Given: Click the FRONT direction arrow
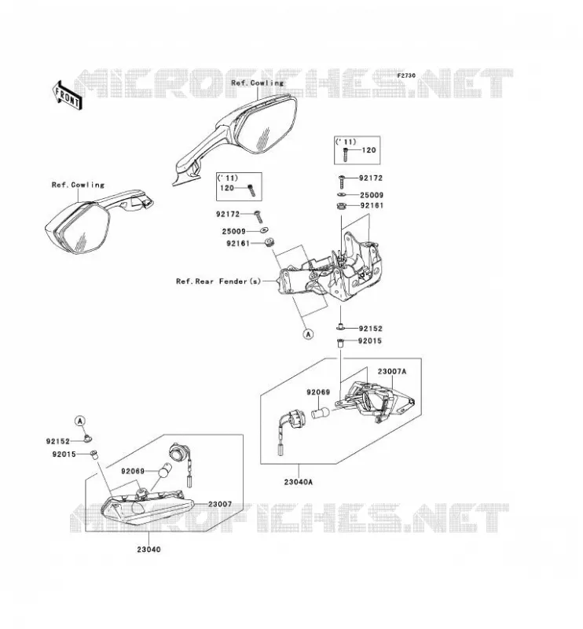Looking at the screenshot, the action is pyautogui.click(x=67, y=95).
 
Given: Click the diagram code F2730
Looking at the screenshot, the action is pyautogui.click(x=406, y=75).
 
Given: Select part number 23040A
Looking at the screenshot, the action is pyautogui.click(x=298, y=482).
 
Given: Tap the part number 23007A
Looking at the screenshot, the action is pyautogui.click(x=391, y=371).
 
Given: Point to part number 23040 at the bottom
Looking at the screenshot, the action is pyautogui.click(x=148, y=549).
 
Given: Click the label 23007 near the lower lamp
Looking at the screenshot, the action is pyautogui.click(x=220, y=504).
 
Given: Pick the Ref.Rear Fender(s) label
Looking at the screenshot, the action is pyautogui.click(x=218, y=281).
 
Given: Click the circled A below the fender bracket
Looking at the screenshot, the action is pyautogui.click(x=308, y=333).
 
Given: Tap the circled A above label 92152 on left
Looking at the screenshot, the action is pyautogui.click(x=80, y=421).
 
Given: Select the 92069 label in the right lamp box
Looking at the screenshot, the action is pyautogui.click(x=318, y=392).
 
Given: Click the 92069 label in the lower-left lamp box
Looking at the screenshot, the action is pyautogui.click(x=133, y=471).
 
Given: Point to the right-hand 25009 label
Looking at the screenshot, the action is pyautogui.click(x=372, y=195).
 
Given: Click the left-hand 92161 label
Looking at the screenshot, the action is pyautogui.click(x=238, y=243).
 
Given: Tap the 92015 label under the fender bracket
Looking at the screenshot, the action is pyautogui.click(x=370, y=341).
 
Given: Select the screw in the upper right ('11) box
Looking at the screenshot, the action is pyautogui.click(x=346, y=155).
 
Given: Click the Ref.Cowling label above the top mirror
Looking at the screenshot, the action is pyautogui.click(x=257, y=83).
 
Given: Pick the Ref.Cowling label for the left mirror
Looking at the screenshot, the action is pyautogui.click(x=78, y=185).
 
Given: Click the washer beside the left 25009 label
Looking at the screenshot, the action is pyautogui.click(x=264, y=230).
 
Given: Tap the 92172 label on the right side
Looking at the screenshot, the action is pyautogui.click(x=371, y=178).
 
